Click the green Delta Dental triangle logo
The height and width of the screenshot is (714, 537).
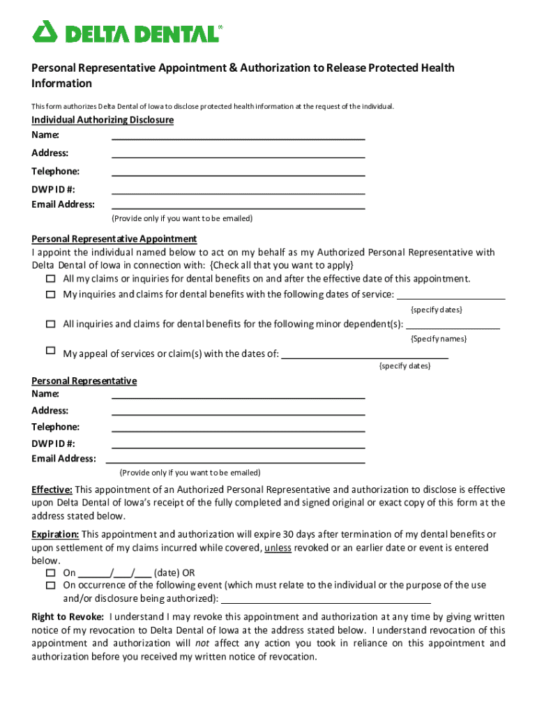[x=45, y=31]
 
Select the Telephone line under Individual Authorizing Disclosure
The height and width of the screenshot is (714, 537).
[x=238, y=171]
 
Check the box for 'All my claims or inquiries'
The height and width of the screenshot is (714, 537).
[x=50, y=279]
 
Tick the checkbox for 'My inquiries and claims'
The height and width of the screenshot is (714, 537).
[x=50, y=294]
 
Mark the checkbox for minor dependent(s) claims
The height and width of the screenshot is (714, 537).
[x=50, y=324]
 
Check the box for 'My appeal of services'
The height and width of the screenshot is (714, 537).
[x=50, y=350]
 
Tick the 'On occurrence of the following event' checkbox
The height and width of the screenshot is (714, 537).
[x=50, y=586]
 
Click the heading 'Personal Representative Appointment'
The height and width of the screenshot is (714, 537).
[x=114, y=238]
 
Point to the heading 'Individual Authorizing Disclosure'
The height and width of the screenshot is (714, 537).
[x=103, y=120]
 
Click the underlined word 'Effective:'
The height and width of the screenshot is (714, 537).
[x=52, y=489]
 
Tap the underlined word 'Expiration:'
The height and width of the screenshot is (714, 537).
[x=55, y=534]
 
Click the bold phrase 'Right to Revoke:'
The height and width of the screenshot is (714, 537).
[x=68, y=617]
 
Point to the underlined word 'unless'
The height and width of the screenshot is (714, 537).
[x=278, y=548]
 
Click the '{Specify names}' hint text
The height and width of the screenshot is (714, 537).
[x=438, y=339]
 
